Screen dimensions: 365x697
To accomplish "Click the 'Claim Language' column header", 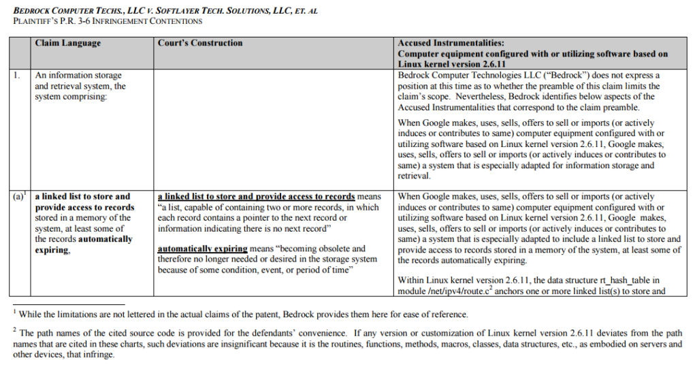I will (68, 43).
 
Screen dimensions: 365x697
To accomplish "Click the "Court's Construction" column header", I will (200, 43).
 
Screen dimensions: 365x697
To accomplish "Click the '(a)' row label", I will (18, 197).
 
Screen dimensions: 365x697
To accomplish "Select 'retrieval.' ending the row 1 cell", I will (415, 176).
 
